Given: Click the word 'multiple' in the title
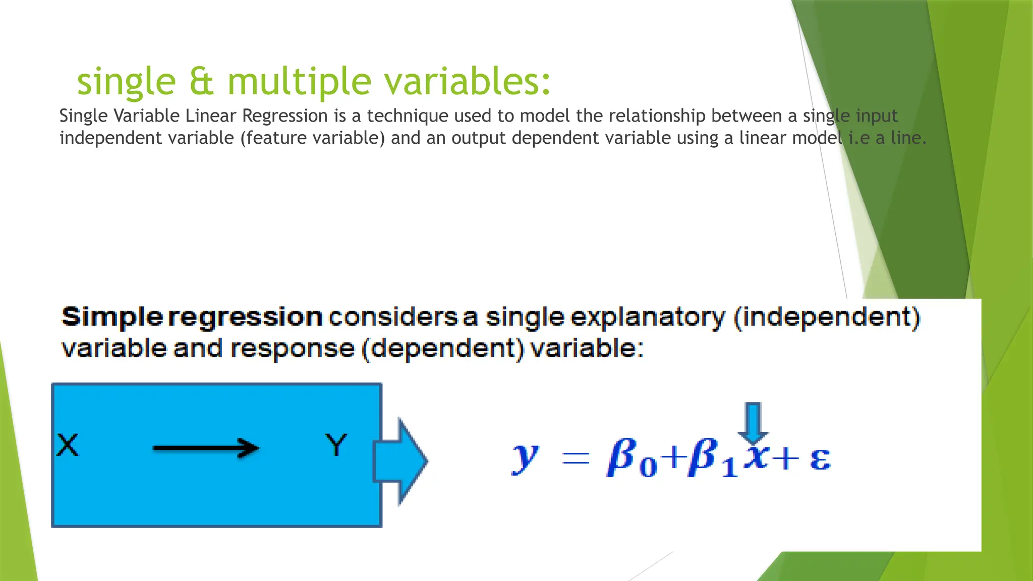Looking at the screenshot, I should (x=299, y=82).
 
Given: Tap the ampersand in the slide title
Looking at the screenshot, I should (x=202, y=82).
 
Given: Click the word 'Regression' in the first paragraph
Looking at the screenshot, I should (x=285, y=116).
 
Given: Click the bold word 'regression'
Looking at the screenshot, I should (x=245, y=318).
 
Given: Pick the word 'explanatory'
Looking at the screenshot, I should (x=648, y=318).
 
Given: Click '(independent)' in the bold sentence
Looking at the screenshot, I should (x=827, y=318).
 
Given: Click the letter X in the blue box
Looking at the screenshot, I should (x=68, y=445).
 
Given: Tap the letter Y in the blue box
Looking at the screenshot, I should (x=336, y=445).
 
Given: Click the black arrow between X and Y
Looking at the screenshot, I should (x=206, y=448).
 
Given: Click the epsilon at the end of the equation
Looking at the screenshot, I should (x=820, y=459).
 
